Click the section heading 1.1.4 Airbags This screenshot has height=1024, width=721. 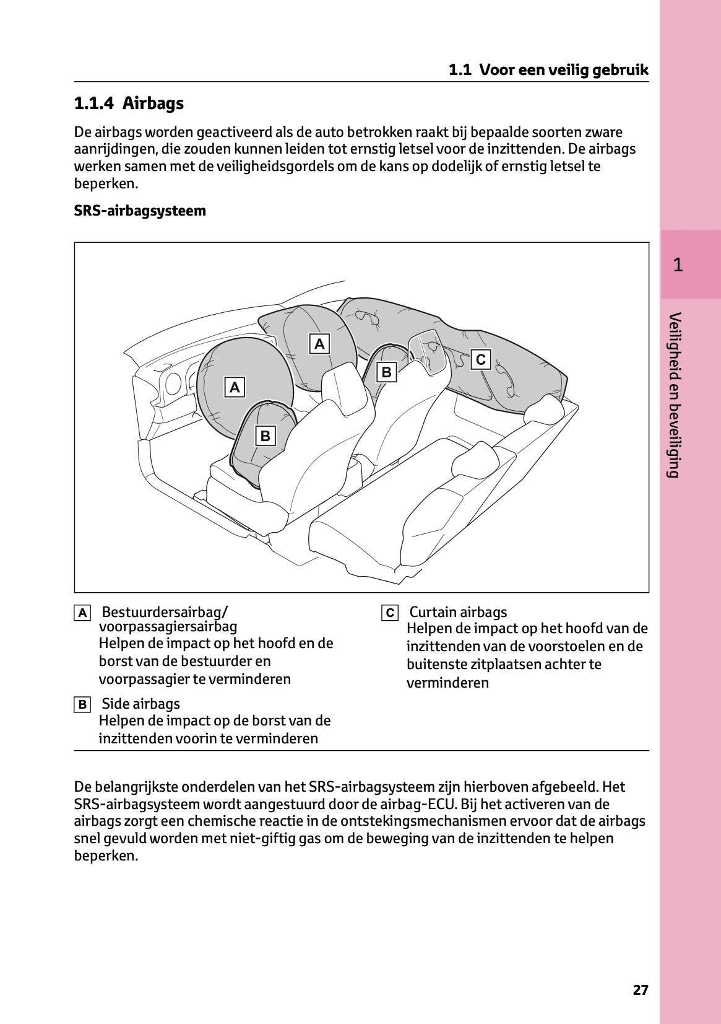coord(129,103)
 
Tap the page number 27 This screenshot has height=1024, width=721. coord(641,990)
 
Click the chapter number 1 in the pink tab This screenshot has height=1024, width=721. coord(678,265)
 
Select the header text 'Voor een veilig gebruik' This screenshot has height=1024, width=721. coord(563,70)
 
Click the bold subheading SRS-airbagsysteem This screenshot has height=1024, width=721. coord(140,211)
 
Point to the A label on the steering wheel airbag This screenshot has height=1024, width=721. coord(235,388)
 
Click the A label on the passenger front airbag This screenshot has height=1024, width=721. coord(319,344)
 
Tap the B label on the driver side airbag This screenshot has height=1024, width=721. coord(266,436)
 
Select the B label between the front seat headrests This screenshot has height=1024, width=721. coord(387,372)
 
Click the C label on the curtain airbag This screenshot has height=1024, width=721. coord(481,359)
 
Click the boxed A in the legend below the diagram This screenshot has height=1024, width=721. coord(82,613)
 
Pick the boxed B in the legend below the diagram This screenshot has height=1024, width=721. coord(82,705)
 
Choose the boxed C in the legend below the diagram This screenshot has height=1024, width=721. coord(390,613)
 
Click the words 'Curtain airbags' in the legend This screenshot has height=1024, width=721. coord(458,612)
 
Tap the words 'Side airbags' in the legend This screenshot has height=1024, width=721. coord(140,704)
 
